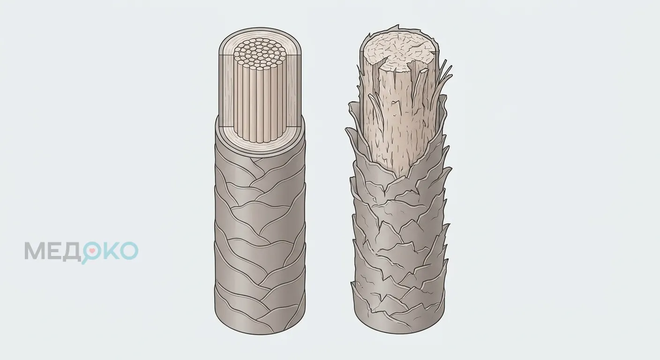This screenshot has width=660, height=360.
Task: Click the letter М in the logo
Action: (35, 251)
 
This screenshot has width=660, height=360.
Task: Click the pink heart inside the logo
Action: (92, 251)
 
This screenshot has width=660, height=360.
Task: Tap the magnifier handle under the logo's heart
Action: (85, 261)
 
